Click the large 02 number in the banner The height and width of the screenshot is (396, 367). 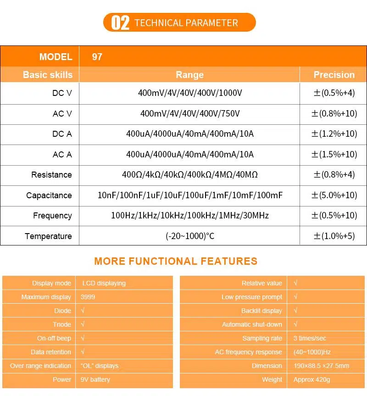tap(120, 22)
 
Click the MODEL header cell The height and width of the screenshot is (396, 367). tap(56, 57)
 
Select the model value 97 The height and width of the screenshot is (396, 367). tap(97, 57)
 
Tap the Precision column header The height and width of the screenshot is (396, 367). tap(334, 75)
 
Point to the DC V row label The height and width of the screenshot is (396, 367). tap(62, 93)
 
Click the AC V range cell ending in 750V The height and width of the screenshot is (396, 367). tap(189, 113)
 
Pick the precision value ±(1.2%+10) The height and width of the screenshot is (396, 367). tap(334, 134)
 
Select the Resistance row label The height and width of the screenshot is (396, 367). tap(51, 175)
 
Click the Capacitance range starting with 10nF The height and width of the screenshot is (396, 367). tap(189, 195)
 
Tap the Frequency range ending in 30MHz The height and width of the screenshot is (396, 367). tap(189, 216)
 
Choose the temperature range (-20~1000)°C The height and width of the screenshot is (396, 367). tap(189, 236)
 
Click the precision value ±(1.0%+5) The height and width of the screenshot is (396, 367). tap(334, 236)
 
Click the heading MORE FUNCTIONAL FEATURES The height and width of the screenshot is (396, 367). tap(176, 262)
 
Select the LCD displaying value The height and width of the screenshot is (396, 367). tap(104, 283)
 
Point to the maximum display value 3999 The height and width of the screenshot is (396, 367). tap(88, 297)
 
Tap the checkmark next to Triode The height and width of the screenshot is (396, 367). tap(83, 324)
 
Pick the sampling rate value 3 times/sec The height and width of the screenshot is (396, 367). tap(310, 338)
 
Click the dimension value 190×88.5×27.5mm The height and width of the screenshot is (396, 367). tap(321, 366)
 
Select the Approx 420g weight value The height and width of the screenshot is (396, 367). tap(311, 379)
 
